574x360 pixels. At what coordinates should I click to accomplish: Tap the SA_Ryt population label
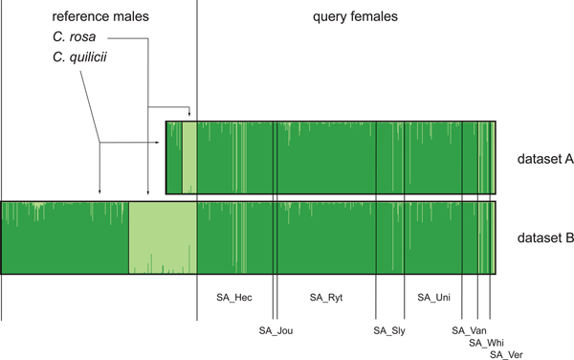(x=326, y=298)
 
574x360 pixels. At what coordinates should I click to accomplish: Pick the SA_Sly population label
(x=388, y=330)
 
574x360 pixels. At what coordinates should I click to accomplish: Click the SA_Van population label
(x=470, y=330)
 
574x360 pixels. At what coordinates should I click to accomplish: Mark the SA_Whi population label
(x=486, y=343)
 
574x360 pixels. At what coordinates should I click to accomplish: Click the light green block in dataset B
(x=163, y=237)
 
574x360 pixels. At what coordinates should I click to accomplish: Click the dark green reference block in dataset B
(x=65, y=237)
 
